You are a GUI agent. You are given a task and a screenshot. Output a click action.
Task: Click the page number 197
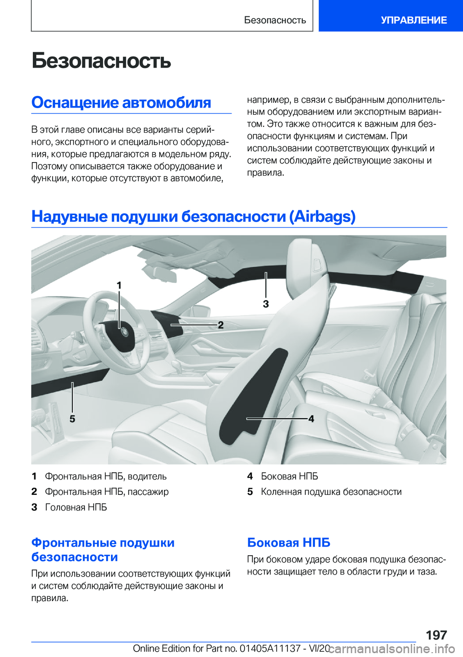click(436, 635)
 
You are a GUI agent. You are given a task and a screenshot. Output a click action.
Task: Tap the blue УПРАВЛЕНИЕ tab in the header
click(413, 20)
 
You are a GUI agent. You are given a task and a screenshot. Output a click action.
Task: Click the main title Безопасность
click(101, 61)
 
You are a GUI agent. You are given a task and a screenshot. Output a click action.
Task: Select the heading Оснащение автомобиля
click(121, 103)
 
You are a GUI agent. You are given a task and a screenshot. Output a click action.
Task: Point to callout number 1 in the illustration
click(119, 286)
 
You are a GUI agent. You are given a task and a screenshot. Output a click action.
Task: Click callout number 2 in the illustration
click(220, 325)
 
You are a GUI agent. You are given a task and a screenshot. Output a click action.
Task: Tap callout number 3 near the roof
click(266, 304)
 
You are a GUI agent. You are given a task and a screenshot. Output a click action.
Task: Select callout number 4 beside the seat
click(311, 419)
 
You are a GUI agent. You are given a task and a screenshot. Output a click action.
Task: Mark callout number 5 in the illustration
click(72, 419)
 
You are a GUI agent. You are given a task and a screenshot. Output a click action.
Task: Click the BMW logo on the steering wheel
click(124, 332)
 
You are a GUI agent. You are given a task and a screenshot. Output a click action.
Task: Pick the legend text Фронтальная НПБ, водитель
click(106, 477)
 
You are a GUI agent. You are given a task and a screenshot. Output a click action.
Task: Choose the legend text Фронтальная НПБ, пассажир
click(107, 492)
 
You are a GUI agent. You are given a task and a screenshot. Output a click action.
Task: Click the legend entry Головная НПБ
click(76, 507)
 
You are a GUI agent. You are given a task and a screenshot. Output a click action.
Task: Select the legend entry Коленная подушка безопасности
click(331, 492)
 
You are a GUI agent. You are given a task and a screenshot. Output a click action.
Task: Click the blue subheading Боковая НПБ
click(288, 543)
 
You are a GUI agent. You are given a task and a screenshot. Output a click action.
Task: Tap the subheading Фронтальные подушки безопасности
click(103, 550)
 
